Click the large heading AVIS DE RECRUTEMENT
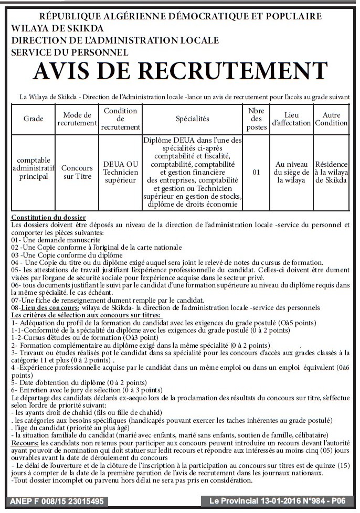[180, 71]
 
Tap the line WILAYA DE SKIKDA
[57, 28]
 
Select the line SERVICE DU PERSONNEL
[70, 52]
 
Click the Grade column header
[34, 119]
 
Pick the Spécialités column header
[192, 119]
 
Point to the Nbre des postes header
[256, 119]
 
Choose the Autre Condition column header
[331, 119]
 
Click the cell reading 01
[256, 172]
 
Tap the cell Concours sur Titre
[77, 172]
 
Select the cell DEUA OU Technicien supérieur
[121, 172]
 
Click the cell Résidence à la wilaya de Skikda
[331, 172]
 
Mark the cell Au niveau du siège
[291, 172]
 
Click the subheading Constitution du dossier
[48, 217]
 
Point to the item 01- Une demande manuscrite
[56, 240]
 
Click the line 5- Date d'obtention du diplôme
[71, 382]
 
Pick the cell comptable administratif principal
[34, 168]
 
